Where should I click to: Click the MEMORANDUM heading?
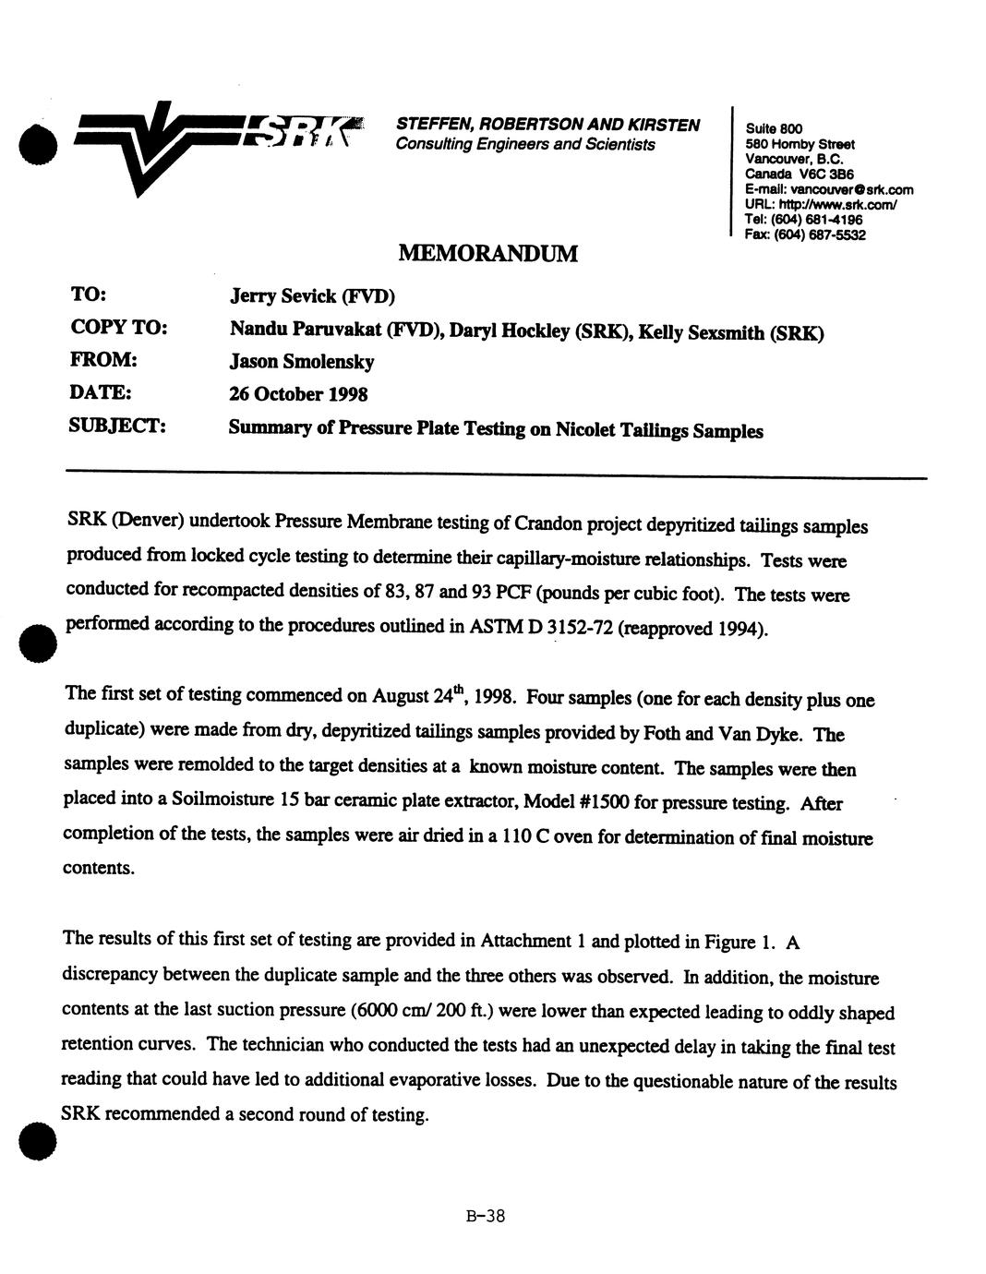coord(488,252)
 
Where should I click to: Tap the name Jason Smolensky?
coord(301,362)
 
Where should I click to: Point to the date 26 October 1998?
coord(298,394)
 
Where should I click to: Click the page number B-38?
coord(486,1216)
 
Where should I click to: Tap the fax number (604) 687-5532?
coord(819,234)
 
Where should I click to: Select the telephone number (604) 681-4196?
coord(817,220)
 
